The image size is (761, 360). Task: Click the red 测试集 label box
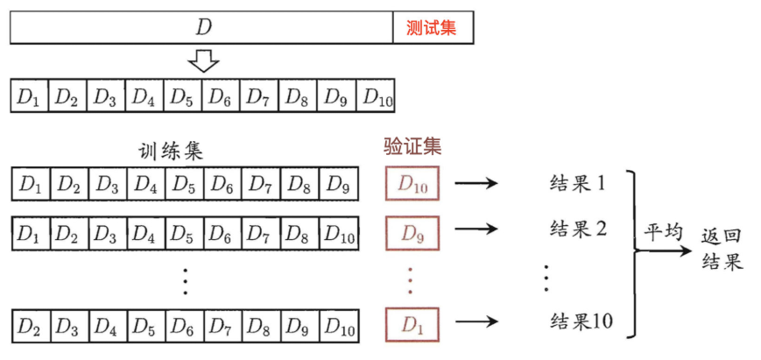point(433,28)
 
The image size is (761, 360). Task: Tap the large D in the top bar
point(203,28)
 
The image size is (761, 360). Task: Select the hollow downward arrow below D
point(203,60)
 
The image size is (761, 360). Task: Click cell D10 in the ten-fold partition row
point(376,95)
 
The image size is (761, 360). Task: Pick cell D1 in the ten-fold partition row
point(30,95)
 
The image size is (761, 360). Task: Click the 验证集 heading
point(412,145)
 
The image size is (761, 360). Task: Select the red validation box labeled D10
point(412,183)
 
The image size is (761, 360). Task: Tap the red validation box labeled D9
point(412,232)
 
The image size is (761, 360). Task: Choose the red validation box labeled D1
point(412,323)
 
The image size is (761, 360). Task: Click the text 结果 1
point(578,184)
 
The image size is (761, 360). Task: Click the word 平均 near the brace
point(663,233)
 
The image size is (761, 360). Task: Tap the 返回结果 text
point(722,251)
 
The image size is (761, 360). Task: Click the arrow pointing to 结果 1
point(476,183)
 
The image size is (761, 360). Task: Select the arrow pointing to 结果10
point(476,321)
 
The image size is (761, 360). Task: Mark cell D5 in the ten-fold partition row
point(183,95)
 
